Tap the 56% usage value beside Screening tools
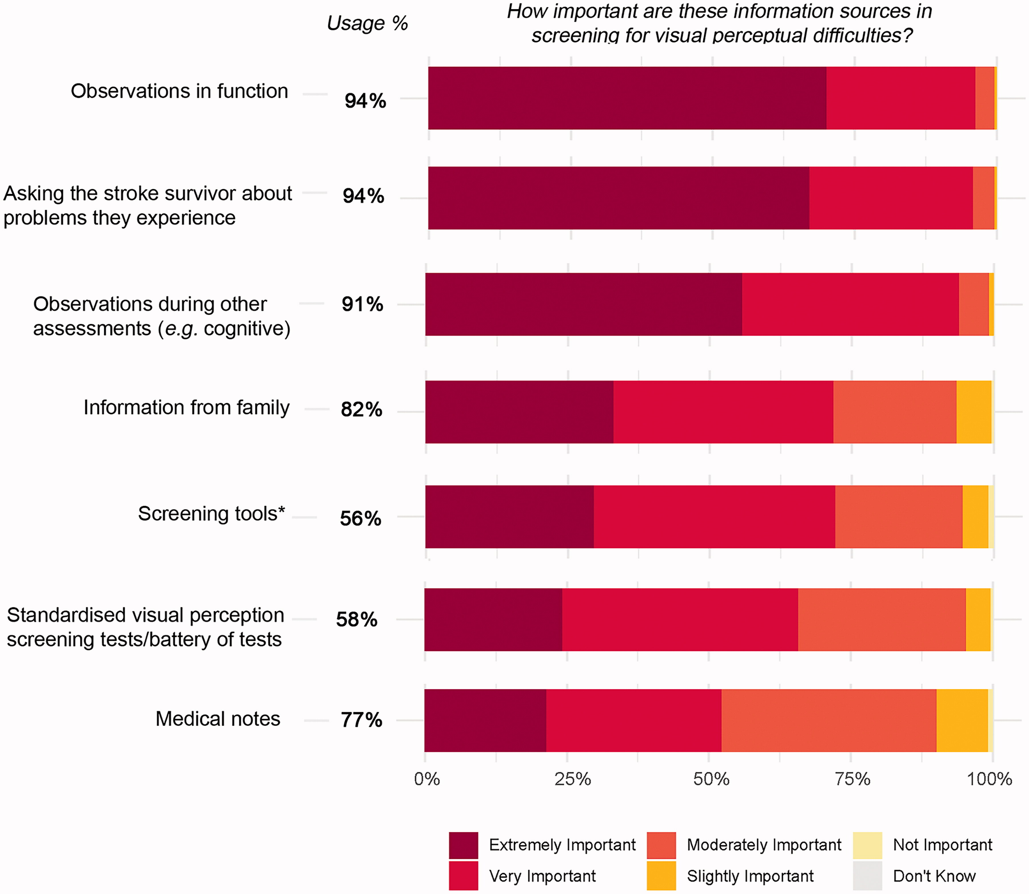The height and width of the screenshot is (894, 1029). pyautogui.click(x=360, y=519)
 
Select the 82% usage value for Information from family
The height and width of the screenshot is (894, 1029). pyautogui.click(x=361, y=410)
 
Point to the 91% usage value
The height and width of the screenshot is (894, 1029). pyautogui.click(x=362, y=304)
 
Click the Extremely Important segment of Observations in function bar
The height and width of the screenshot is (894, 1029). pyautogui.click(x=627, y=98)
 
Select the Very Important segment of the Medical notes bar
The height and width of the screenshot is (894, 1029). pyautogui.click(x=633, y=720)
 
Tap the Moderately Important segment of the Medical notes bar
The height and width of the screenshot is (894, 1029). pyautogui.click(x=828, y=720)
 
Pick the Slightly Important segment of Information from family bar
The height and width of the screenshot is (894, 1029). pyautogui.click(x=974, y=412)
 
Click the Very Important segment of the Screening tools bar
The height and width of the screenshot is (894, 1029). pyautogui.click(x=714, y=517)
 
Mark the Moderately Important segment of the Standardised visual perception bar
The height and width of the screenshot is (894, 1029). pyautogui.click(x=881, y=620)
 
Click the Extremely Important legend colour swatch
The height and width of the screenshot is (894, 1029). pyautogui.click(x=463, y=845)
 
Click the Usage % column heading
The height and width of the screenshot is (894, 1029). pyautogui.click(x=367, y=23)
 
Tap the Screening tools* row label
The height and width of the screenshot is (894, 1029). pyautogui.click(x=212, y=514)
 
